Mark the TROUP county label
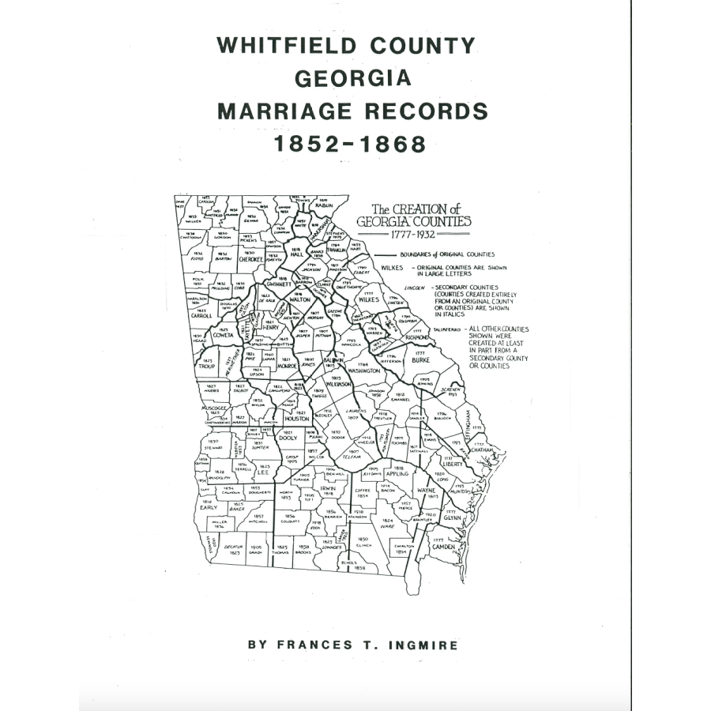(x=208, y=367)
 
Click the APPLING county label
(x=397, y=474)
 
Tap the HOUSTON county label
(x=296, y=419)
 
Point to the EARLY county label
(x=208, y=508)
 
